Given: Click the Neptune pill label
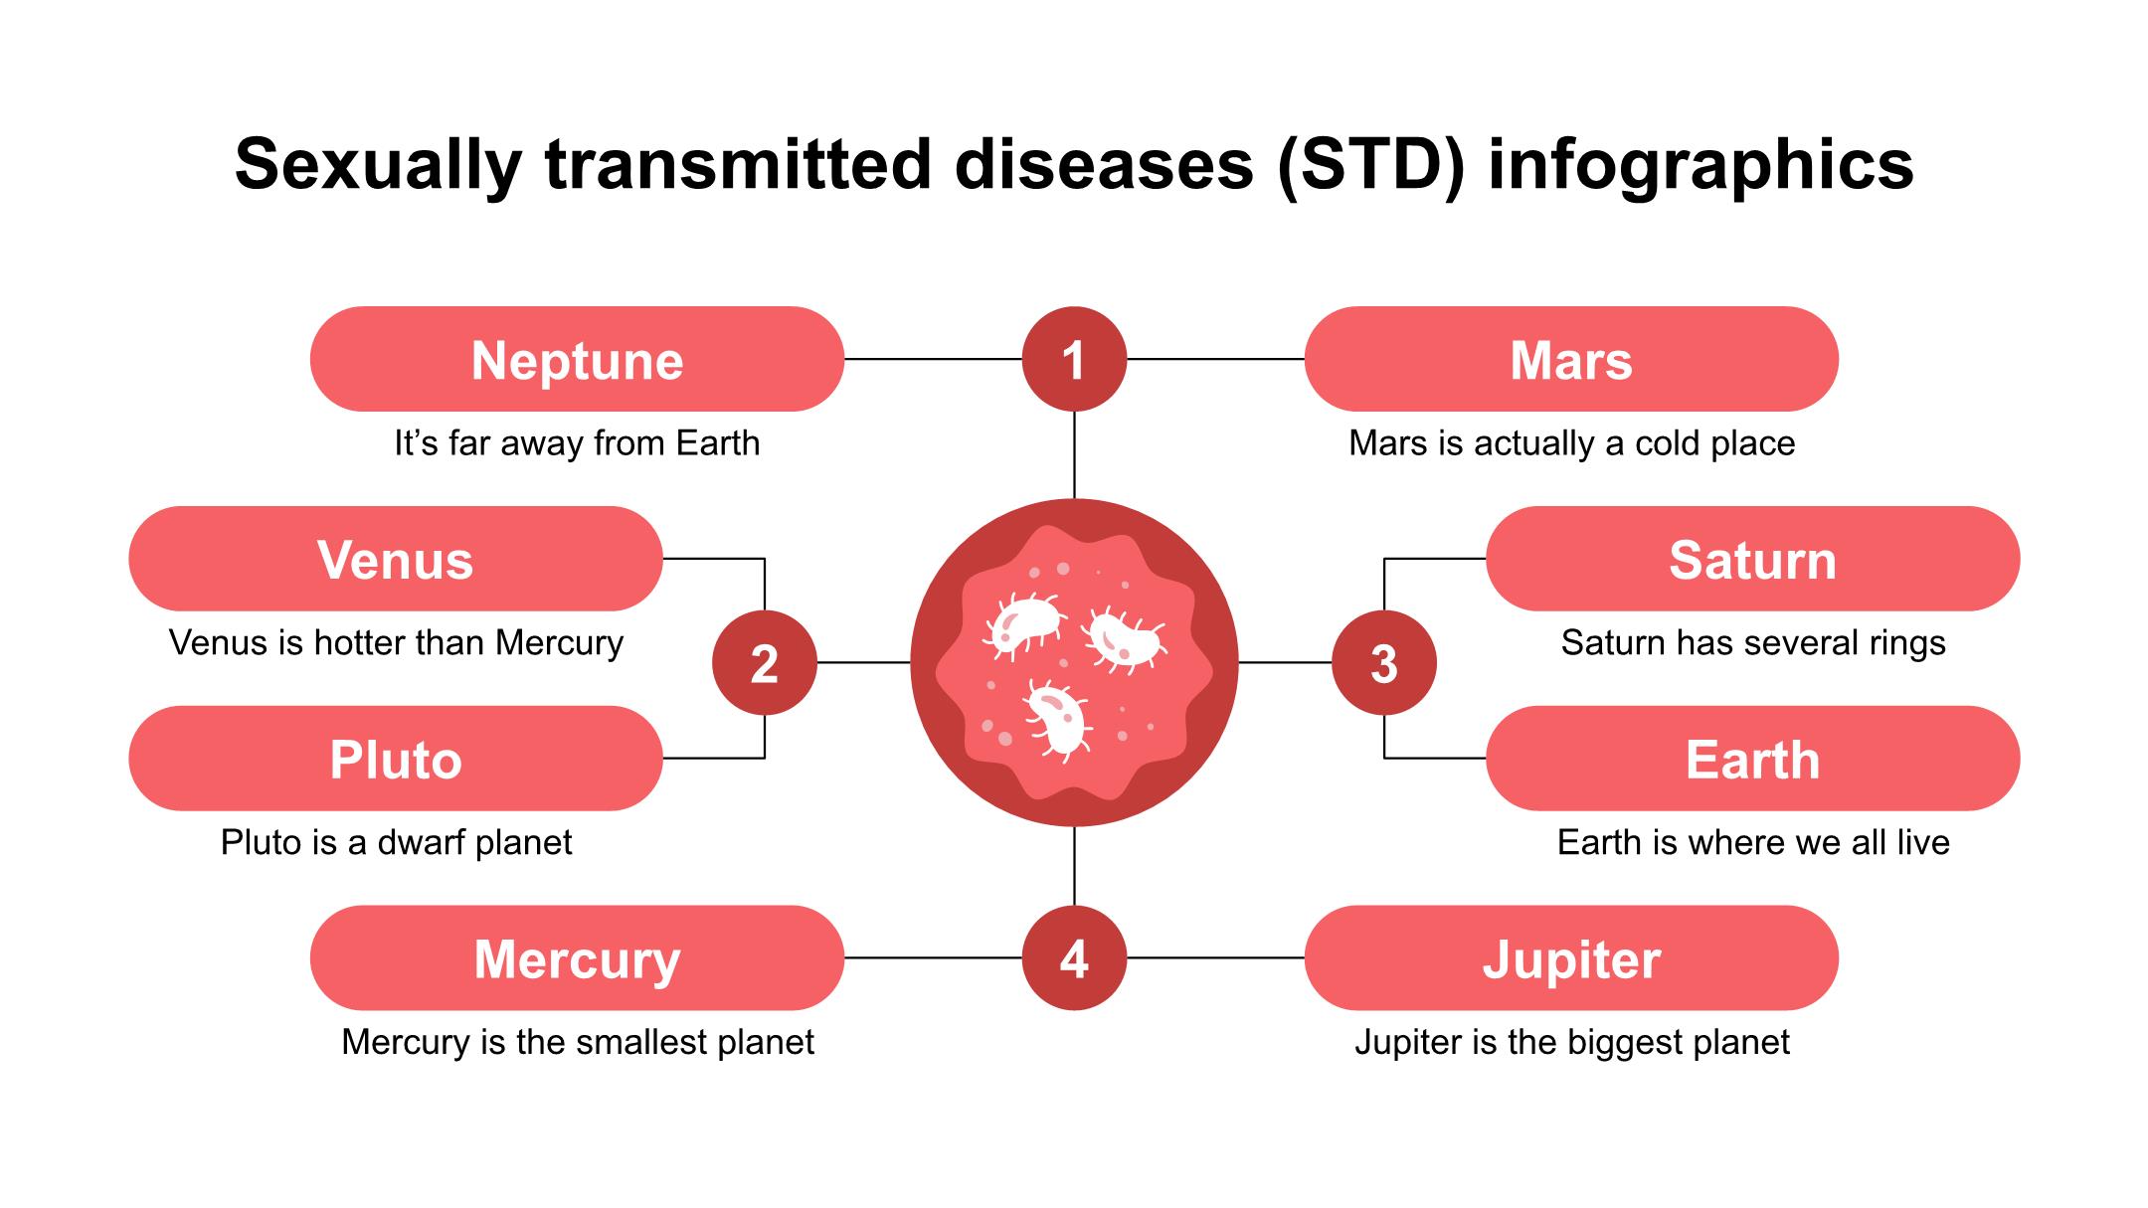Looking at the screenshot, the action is (577, 359).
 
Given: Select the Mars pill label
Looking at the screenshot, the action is (1571, 359).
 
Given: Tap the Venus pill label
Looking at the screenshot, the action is (396, 559).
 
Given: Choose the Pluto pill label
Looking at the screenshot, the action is (396, 759).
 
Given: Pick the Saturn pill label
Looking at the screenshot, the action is (1752, 559).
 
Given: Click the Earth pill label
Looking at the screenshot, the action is (1752, 759).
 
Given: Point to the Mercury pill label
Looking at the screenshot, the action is (577, 958).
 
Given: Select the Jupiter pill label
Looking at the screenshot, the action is (1571, 958).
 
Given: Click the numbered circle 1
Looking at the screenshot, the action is (1074, 359).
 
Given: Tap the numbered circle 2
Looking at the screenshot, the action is (765, 663).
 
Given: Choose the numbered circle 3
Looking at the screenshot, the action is (1384, 663).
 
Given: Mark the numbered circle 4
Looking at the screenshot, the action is (1074, 958).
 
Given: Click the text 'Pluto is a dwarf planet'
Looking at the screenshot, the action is (396, 843).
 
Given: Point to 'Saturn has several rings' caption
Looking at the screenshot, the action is (1753, 643).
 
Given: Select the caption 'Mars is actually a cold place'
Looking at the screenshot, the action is (1572, 443).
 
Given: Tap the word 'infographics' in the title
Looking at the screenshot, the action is (1700, 166).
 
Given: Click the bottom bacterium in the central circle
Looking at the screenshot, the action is (1058, 719).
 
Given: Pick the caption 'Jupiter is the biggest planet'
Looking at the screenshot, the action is (1572, 1043).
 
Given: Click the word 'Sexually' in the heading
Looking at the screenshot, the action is (379, 166).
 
